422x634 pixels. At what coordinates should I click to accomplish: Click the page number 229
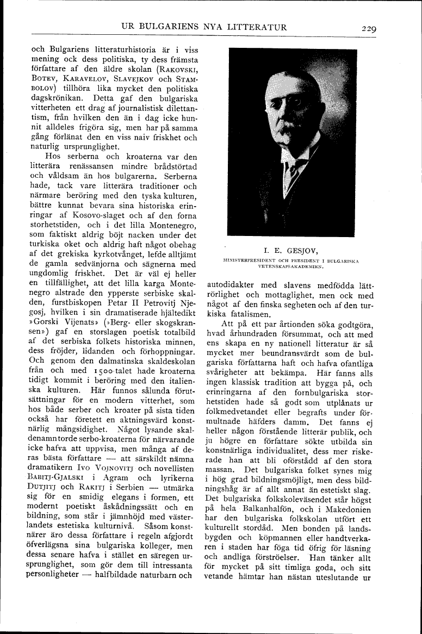tap(368, 28)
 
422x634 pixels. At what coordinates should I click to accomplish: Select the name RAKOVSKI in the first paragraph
tap(178, 70)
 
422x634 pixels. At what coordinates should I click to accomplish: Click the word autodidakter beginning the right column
tap(234, 284)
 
